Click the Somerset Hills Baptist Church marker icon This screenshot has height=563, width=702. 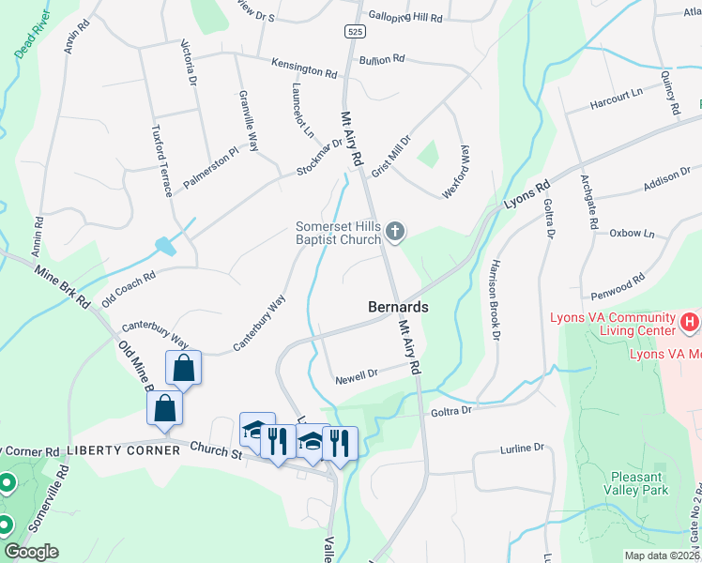[x=396, y=231]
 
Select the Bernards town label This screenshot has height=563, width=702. [x=398, y=307]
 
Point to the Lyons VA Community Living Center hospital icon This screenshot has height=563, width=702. [x=690, y=324]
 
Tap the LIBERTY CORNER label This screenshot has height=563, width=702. [x=123, y=451]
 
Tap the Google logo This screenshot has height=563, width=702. [x=31, y=552]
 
